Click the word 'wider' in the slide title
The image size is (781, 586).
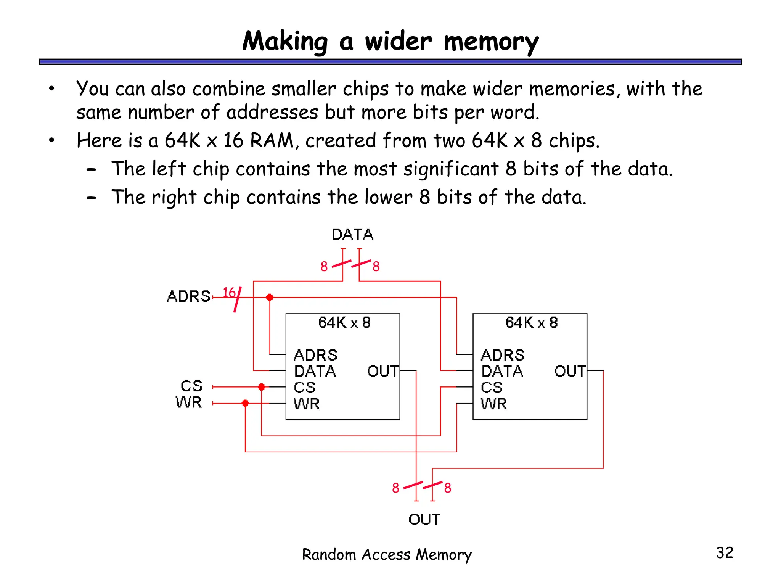[x=398, y=41]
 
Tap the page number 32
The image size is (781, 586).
[x=725, y=553]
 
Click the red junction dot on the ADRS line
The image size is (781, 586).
[x=270, y=297]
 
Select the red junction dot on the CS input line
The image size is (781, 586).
[x=262, y=387]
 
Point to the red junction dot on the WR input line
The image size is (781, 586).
[x=245, y=403]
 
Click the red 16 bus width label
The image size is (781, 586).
[x=229, y=293]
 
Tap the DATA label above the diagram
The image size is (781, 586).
[x=352, y=235]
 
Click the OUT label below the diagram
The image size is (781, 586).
[x=424, y=520]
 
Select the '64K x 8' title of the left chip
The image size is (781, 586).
[x=344, y=323]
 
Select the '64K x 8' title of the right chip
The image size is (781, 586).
[x=531, y=323]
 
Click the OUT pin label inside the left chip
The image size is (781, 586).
[x=382, y=371]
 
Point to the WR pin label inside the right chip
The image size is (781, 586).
[x=493, y=404]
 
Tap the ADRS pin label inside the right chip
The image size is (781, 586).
[x=502, y=355]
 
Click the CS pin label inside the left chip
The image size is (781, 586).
[x=304, y=388]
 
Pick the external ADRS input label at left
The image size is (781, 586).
[x=188, y=296]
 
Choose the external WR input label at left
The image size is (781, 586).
[x=188, y=402]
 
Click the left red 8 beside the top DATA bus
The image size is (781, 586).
[x=324, y=266]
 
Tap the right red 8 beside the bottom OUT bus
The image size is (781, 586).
[x=448, y=488]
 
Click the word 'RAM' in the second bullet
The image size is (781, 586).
[x=272, y=140]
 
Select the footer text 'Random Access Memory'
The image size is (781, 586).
[x=387, y=554]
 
